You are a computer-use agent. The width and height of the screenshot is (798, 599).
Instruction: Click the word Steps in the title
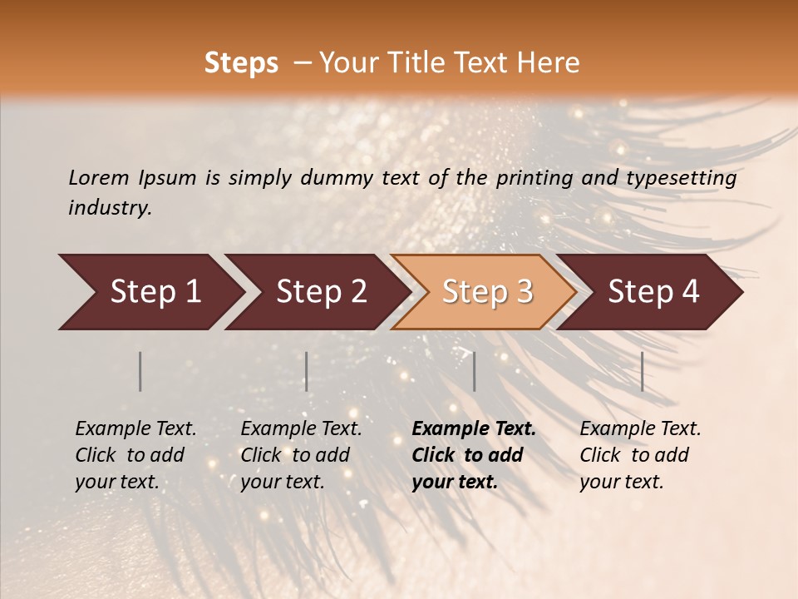tap(241, 63)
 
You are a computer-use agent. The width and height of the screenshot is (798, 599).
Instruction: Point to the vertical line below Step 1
tap(140, 371)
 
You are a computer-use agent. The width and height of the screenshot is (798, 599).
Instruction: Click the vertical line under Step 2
tap(307, 371)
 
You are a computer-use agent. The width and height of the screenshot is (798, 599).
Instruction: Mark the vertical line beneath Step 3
tap(474, 371)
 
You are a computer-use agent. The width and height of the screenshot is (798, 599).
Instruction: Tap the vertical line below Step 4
tap(642, 371)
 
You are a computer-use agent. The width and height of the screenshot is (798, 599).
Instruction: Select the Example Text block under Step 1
tap(135, 455)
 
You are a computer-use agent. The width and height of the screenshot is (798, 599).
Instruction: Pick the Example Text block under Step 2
tap(301, 455)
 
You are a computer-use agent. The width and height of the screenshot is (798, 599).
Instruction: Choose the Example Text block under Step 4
tap(640, 455)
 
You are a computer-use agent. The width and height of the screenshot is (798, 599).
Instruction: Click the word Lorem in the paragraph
tap(99, 178)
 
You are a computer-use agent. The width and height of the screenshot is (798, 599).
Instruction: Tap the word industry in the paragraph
tap(109, 208)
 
